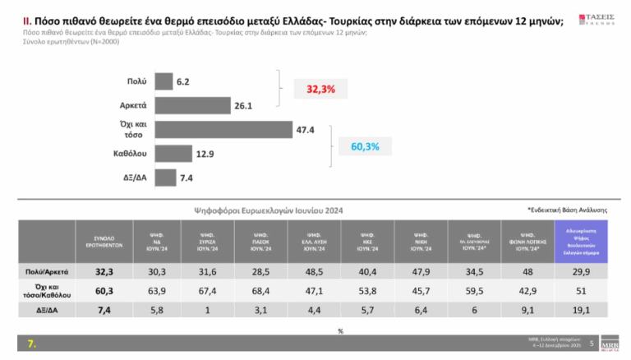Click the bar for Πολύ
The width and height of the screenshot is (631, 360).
point(163,81)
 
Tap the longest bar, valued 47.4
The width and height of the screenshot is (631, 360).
point(223,129)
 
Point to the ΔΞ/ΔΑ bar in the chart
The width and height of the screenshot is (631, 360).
point(164,177)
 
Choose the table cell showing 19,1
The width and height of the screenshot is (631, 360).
point(581,309)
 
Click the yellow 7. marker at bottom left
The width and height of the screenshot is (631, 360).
point(31,344)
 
